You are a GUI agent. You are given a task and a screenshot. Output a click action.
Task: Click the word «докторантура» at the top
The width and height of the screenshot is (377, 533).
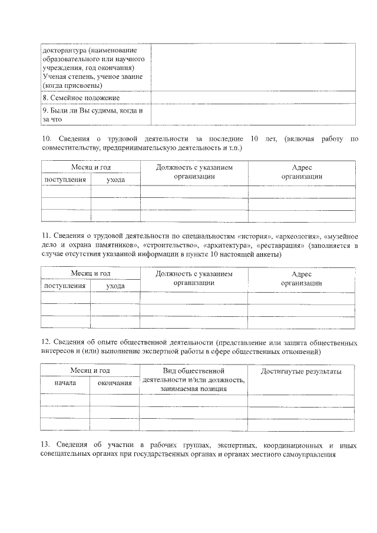pos(64,51)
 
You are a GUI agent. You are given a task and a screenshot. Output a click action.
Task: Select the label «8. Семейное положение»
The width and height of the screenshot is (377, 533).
pos(81,98)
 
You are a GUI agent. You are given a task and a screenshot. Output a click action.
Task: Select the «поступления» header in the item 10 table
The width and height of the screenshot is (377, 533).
pos(65,179)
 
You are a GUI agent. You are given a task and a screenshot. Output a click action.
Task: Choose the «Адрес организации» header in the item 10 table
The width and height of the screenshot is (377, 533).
pos(302,172)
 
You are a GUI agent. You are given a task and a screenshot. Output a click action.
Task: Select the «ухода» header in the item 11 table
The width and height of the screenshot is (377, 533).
pos(115,286)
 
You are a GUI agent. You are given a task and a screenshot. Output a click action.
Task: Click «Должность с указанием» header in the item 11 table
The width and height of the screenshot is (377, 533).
pos(194,274)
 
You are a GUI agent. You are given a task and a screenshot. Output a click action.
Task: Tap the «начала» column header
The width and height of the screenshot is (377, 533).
pos(65,383)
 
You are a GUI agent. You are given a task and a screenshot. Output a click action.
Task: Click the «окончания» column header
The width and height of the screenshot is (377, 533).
pos(114,383)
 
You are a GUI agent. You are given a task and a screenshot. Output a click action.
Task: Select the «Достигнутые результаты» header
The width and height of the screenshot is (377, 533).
pos(301,372)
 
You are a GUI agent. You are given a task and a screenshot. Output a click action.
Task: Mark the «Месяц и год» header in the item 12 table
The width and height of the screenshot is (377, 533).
pos(90,370)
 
